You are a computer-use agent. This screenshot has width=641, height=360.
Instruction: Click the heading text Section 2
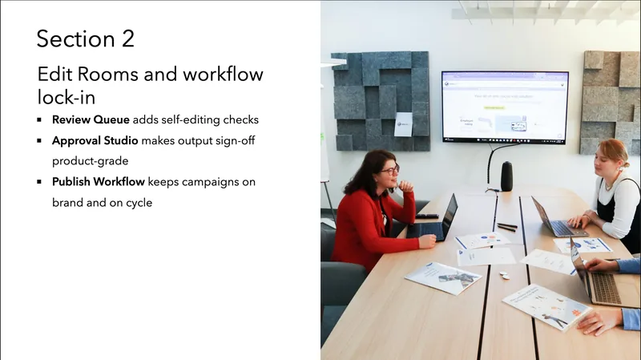(x=85, y=38)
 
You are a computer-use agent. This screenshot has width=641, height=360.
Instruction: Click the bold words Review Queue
(x=87, y=119)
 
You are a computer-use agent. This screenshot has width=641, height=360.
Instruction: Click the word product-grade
(x=91, y=161)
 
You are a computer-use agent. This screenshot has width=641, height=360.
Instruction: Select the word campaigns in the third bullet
(x=214, y=182)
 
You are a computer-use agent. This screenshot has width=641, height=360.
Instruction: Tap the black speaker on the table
(x=506, y=176)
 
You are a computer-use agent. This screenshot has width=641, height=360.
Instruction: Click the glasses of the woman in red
(x=389, y=170)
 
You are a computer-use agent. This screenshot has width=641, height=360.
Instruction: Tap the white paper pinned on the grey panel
(x=403, y=124)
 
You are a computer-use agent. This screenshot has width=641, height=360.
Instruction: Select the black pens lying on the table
(x=506, y=227)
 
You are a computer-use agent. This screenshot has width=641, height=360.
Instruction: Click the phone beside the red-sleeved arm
(x=427, y=216)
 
